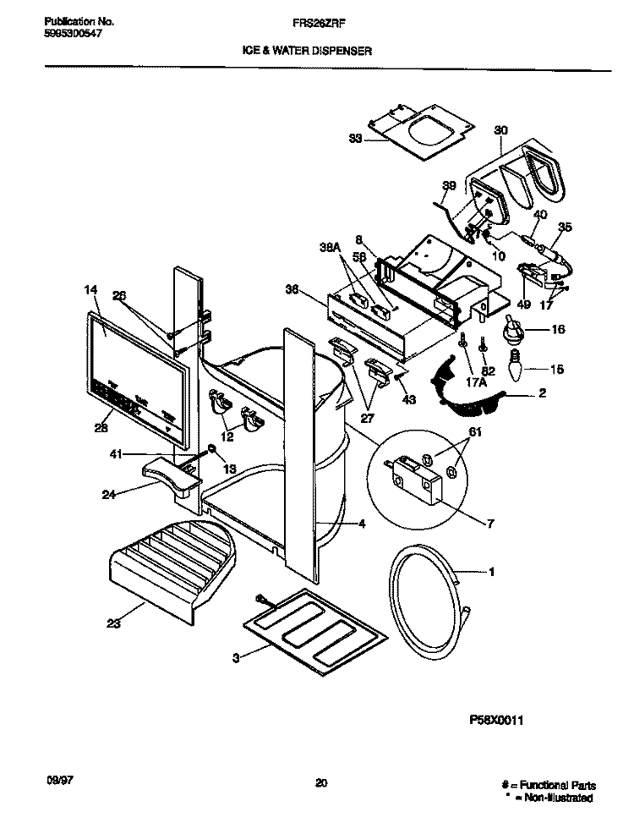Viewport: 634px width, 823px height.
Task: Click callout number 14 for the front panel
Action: [91, 290]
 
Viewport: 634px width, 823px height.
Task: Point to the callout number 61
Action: [475, 434]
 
